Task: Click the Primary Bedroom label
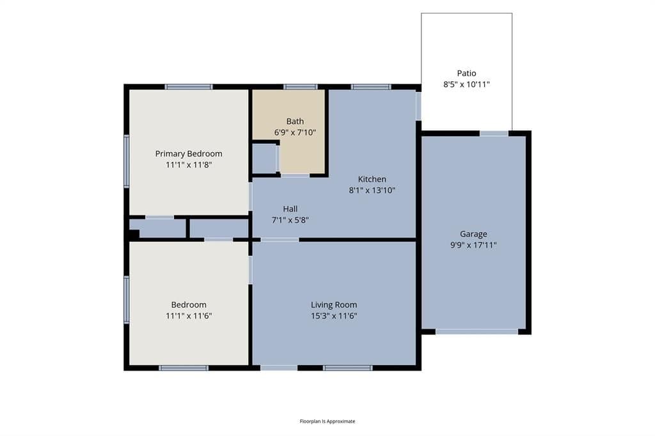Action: click(x=189, y=153)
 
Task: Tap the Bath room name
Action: click(x=295, y=121)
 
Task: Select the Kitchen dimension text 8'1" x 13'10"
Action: click(x=372, y=190)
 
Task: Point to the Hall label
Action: click(x=290, y=209)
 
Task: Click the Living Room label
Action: click(x=334, y=305)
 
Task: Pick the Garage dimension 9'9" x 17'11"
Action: click(x=473, y=245)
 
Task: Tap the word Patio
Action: click(x=466, y=73)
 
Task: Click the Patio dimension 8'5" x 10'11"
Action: click(x=466, y=84)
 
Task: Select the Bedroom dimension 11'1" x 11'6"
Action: click(x=189, y=316)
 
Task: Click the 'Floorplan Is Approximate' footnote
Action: click(x=327, y=421)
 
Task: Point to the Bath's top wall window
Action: click(x=301, y=87)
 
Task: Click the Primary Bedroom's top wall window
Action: click(x=189, y=87)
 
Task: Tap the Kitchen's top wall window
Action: click(x=371, y=87)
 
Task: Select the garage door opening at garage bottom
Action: click(x=477, y=332)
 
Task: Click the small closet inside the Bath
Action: click(x=265, y=159)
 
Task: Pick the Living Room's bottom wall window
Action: click(x=347, y=368)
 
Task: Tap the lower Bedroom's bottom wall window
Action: click(x=184, y=368)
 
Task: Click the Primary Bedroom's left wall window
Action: click(x=126, y=161)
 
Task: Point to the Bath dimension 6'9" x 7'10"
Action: click(x=295, y=132)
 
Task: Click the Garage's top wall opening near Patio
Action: click(x=494, y=134)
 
